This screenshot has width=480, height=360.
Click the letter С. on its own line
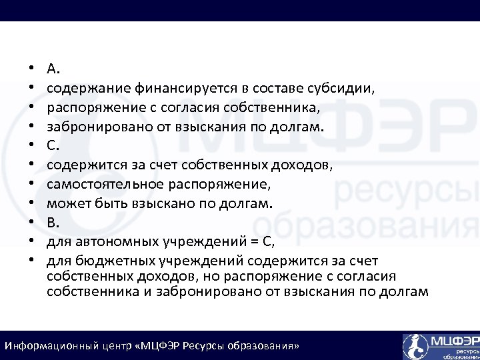[x=53, y=145]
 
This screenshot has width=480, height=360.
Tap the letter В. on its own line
[x=53, y=221]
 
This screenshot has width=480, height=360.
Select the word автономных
[x=113, y=241]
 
